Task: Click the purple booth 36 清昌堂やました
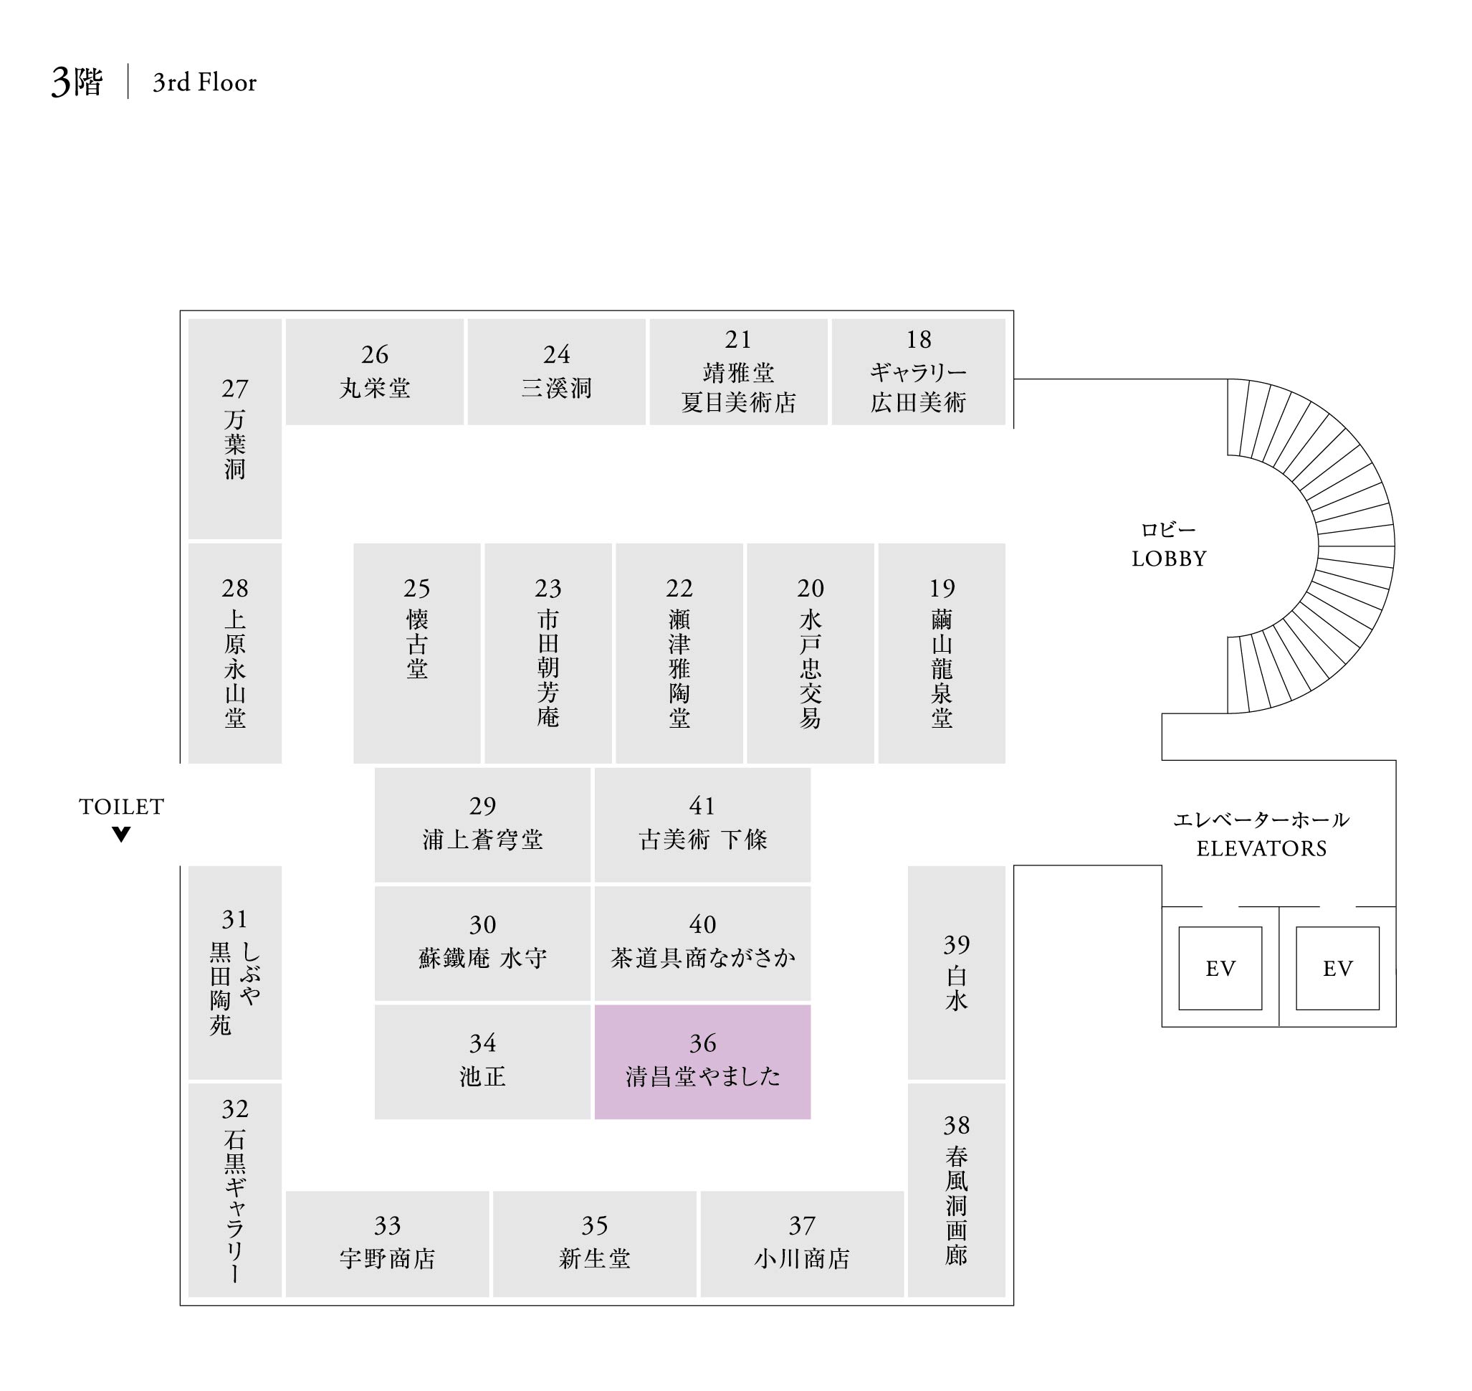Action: click(702, 1061)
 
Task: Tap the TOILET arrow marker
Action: click(122, 834)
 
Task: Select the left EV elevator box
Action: click(1220, 968)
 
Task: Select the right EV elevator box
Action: click(1337, 968)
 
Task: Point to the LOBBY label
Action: click(1169, 559)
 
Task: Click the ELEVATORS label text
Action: click(1261, 848)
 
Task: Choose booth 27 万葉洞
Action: click(234, 429)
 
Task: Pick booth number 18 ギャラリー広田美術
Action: click(918, 371)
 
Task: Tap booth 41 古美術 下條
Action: click(702, 825)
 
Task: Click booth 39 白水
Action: click(956, 972)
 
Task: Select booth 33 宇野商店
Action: click(387, 1243)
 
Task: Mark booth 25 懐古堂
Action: click(416, 652)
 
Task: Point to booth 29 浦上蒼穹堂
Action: click(482, 825)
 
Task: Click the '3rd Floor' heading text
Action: click(204, 82)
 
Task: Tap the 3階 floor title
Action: click(77, 82)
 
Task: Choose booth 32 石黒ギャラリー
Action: click(234, 1190)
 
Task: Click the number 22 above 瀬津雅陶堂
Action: click(679, 588)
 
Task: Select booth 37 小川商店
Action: click(801, 1243)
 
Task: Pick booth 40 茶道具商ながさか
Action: click(702, 943)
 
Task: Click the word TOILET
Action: click(122, 807)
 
